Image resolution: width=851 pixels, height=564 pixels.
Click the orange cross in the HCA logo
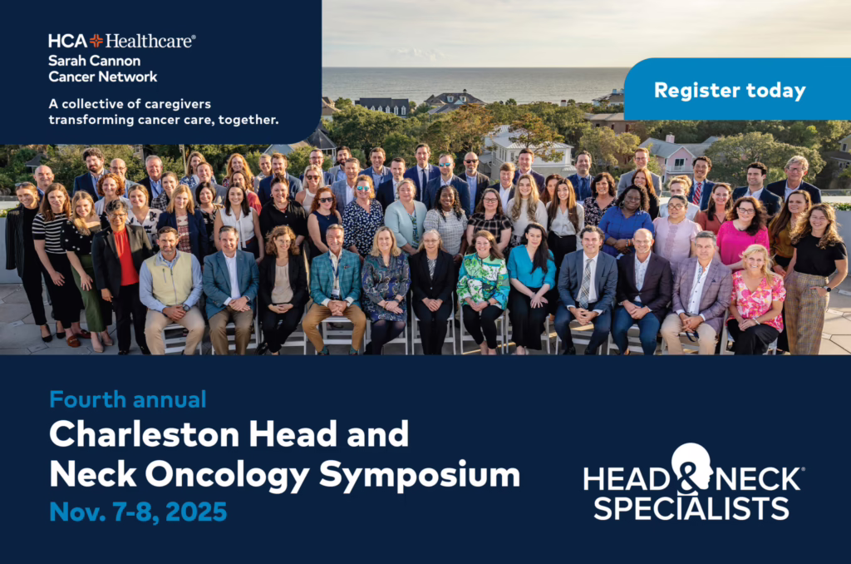(x=96, y=41)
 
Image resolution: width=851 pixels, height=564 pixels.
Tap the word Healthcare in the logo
(x=150, y=41)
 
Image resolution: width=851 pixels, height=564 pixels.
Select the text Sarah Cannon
(x=95, y=61)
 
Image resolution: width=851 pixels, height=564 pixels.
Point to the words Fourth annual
(x=127, y=399)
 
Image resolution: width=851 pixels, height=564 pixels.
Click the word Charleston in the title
(x=145, y=434)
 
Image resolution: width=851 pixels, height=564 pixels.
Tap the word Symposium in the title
(x=420, y=476)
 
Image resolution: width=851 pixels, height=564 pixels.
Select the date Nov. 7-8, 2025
(x=138, y=512)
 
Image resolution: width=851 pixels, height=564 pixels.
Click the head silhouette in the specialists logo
(x=691, y=466)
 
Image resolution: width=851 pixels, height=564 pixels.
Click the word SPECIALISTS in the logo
(x=691, y=508)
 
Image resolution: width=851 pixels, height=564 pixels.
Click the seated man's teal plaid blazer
(x=336, y=278)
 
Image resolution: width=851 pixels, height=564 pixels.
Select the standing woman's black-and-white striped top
(x=49, y=234)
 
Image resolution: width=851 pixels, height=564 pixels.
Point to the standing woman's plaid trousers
(x=804, y=312)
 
